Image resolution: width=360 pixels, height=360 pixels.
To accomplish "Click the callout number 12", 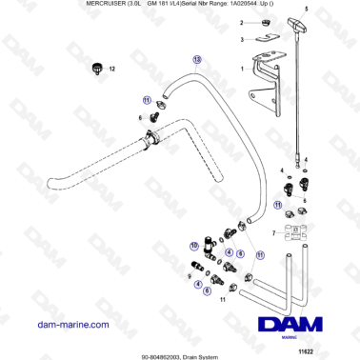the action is pyautogui.click(x=110, y=69).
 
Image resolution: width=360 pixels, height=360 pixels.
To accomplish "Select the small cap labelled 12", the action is pyautogui.click(x=95, y=68).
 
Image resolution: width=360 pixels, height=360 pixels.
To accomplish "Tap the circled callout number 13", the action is pyautogui.click(x=197, y=58).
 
